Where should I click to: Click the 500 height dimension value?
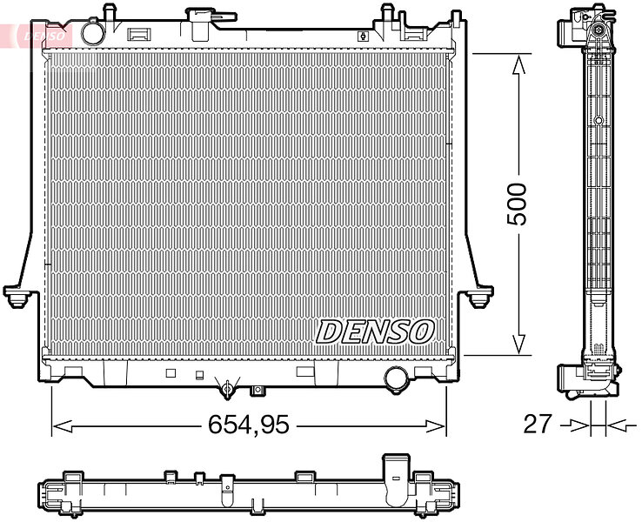pyautogui.click(x=517, y=204)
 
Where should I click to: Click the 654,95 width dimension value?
pyautogui.click(x=249, y=425)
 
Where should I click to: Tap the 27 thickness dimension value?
pyautogui.click(x=538, y=425)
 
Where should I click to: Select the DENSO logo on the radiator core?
pyautogui.click(x=375, y=331)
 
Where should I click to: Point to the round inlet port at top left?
pyautogui.click(x=93, y=34)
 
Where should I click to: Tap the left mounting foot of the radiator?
pyautogui.click(x=17, y=297)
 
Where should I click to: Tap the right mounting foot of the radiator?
pyautogui.click(x=479, y=297)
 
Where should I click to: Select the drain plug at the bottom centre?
pyautogui.click(x=228, y=387)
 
